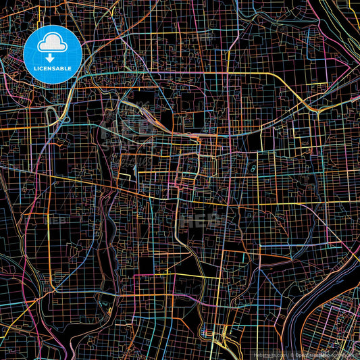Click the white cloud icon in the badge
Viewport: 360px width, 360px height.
tap(53, 43)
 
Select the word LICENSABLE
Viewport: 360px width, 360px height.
tap(53, 68)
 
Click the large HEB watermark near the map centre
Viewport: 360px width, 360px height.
tap(203, 219)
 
